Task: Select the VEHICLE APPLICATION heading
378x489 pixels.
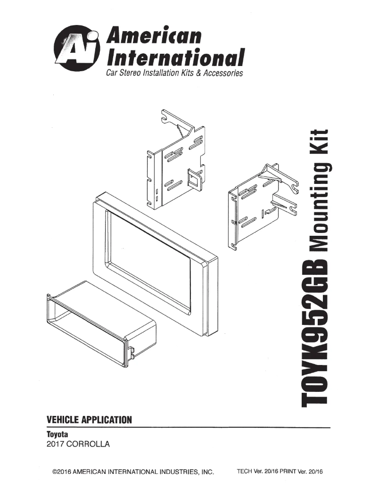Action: point(89,419)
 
